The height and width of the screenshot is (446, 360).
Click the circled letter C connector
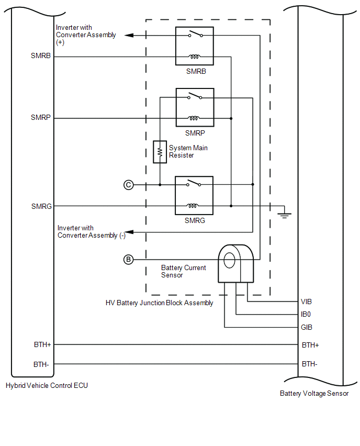coord(128,184)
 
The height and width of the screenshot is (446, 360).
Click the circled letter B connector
coord(128,259)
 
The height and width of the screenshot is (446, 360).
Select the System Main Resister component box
coord(160,152)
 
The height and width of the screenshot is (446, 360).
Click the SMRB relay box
coord(194,46)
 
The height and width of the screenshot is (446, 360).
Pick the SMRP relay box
coord(194,107)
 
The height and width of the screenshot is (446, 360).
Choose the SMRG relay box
coord(194,195)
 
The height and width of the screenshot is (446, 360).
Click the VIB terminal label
coord(307,302)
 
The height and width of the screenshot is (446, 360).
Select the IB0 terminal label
coord(307,315)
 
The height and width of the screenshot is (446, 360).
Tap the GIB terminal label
coord(307,328)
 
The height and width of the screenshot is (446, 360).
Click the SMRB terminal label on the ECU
coord(41,55)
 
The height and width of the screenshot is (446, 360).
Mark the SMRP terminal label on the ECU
coord(41,118)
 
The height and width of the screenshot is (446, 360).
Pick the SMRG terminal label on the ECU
coord(41,206)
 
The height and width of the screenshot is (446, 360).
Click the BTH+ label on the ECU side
coord(42,344)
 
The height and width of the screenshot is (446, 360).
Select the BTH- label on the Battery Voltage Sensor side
coord(310,364)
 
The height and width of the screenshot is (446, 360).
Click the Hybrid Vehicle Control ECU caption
coord(47,385)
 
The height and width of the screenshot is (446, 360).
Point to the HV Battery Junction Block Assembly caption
coord(160,303)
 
